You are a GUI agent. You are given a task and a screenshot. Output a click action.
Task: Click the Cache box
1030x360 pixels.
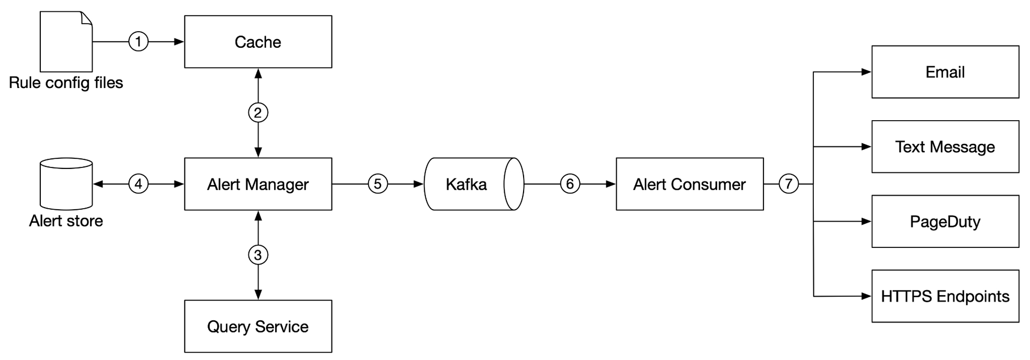(258, 42)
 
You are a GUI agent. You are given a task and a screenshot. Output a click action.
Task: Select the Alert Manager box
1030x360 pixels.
(258, 184)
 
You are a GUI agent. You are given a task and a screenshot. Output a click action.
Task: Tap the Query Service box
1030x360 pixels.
(258, 326)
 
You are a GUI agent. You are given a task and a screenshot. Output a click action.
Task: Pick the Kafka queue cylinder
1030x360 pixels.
(474, 184)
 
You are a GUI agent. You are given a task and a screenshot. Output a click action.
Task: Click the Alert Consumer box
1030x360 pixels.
(689, 184)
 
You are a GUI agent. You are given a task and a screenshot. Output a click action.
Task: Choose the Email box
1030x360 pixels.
(945, 72)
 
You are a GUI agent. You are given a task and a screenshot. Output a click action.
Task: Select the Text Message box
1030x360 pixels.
(945, 146)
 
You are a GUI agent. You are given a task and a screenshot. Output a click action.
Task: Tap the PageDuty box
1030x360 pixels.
(945, 221)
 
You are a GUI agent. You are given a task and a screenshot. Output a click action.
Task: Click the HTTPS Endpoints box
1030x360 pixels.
(945, 296)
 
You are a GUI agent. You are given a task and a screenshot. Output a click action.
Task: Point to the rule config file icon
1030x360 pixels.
(66, 42)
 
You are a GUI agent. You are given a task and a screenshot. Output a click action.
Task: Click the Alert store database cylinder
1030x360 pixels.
(67, 184)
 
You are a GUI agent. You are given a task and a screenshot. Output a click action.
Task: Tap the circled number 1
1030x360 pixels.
(138, 41)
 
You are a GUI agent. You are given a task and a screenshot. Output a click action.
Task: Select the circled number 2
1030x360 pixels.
(258, 113)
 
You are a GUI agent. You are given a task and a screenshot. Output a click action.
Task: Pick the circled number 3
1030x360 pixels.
(258, 255)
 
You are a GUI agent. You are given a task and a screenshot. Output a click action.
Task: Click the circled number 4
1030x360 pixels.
(138, 184)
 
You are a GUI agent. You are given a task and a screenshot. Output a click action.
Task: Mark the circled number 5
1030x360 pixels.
(378, 184)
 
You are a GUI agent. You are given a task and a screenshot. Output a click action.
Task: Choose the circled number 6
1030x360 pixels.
(570, 184)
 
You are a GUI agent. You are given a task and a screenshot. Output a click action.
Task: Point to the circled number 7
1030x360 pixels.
(789, 184)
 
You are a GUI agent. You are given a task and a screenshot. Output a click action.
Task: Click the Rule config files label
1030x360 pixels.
(66, 83)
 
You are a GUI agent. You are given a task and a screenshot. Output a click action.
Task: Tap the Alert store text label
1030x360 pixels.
(66, 221)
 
